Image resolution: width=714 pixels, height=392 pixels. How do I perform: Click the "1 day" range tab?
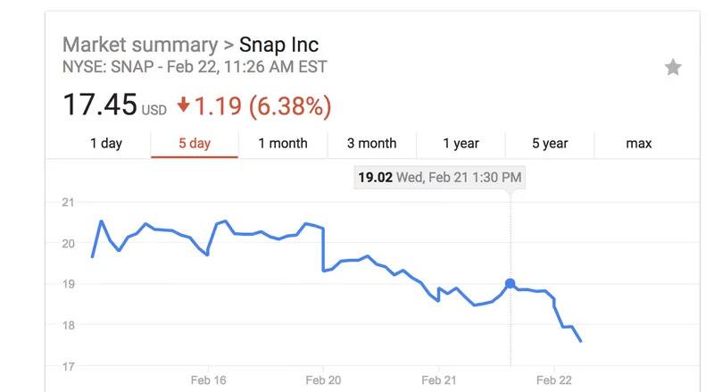click(x=105, y=143)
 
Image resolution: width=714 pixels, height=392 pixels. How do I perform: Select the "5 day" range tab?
click(x=194, y=143)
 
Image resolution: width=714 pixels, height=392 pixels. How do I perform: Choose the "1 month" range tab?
click(x=282, y=143)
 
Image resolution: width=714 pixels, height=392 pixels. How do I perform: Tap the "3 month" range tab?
click(x=371, y=143)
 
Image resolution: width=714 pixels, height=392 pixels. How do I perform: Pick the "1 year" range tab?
click(x=461, y=143)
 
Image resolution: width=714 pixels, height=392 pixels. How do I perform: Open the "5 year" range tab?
click(x=550, y=143)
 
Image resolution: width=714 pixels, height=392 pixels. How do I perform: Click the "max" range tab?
click(x=638, y=143)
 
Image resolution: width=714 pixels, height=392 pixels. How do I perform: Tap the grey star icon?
click(x=673, y=68)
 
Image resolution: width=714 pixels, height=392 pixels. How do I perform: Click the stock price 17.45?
click(x=99, y=105)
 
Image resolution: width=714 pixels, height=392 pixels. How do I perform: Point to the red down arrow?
click(x=183, y=105)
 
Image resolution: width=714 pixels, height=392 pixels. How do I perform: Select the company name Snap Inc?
click(x=279, y=45)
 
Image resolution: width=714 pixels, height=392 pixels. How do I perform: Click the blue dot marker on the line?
click(x=510, y=284)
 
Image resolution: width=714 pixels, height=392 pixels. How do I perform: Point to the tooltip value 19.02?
click(x=374, y=178)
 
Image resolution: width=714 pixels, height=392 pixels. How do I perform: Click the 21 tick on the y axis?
click(x=67, y=203)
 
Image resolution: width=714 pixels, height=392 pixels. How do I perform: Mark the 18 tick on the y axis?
click(x=67, y=325)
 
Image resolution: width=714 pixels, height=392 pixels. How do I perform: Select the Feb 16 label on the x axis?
click(x=209, y=379)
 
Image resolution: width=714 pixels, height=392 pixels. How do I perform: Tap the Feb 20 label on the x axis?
click(x=324, y=379)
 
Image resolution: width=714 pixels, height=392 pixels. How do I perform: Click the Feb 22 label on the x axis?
click(x=553, y=379)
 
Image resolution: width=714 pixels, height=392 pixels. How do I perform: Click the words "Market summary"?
click(x=139, y=45)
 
